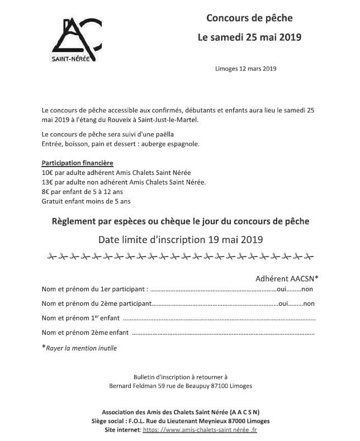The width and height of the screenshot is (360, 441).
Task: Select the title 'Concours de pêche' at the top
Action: coord(249,18)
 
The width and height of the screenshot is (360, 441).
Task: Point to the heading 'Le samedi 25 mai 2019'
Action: coord(249,37)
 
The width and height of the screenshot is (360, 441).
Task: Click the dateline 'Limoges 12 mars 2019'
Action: coord(245,69)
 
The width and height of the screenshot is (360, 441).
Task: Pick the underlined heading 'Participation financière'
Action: coord(77,163)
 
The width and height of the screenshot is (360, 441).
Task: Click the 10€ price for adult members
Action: coord(48,172)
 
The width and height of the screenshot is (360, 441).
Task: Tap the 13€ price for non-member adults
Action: coord(48,182)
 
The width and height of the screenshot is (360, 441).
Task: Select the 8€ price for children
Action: coord(45,191)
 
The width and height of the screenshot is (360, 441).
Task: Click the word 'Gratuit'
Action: coord(54,201)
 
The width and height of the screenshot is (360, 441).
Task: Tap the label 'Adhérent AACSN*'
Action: coord(287,278)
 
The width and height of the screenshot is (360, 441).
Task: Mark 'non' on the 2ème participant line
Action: coord(309,304)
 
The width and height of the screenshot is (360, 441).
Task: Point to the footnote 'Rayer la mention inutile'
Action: coord(82,348)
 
